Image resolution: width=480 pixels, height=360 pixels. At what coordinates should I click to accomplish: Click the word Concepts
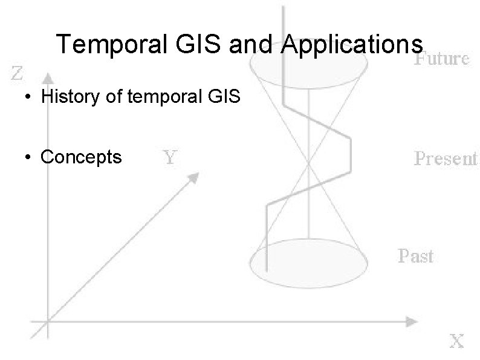(x=81, y=157)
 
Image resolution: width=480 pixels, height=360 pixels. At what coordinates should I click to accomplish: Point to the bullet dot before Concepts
(x=28, y=158)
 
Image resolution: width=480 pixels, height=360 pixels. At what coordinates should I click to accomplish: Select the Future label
(x=441, y=59)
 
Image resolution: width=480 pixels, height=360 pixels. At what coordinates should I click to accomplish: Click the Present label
(x=446, y=159)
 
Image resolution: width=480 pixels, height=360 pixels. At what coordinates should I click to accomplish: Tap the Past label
(x=415, y=256)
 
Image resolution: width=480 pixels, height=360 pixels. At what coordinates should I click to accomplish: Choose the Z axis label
(x=18, y=75)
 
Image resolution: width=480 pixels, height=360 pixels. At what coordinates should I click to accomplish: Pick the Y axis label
(x=171, y=158)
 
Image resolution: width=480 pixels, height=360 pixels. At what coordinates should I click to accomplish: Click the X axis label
(x=456, y=342)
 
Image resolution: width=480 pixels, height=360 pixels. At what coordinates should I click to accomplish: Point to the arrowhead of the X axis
(x=412, y=320)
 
